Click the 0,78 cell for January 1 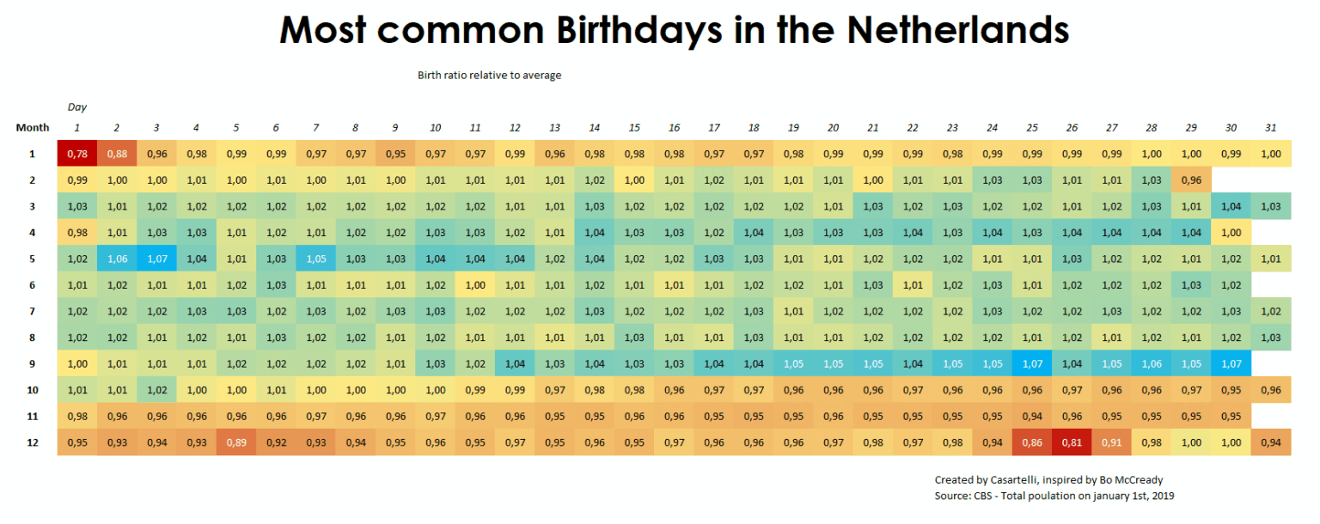coord(76,154)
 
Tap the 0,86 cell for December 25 coord(1031,442)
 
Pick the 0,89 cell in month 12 coord(235,442)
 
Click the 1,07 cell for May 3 coord(156,259)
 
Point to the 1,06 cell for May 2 coord(116,259)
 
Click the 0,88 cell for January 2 coord(116,154)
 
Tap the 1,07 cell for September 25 coord(1031,363)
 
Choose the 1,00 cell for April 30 coord(1230,233)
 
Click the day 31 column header coord(1270,128)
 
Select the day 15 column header coord(633,128)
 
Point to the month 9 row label coord(33,363)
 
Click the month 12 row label coord(33,442)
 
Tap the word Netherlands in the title coord(957,30)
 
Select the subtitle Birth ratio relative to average coord(489,76)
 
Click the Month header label coord(33,128)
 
